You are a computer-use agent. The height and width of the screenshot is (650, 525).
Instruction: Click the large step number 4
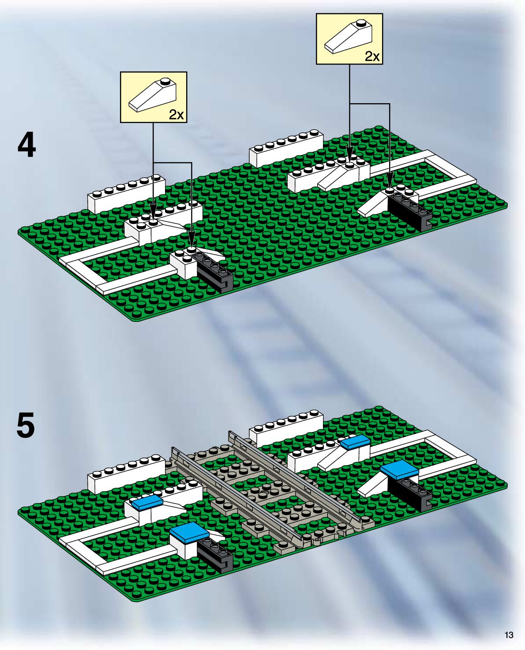26,146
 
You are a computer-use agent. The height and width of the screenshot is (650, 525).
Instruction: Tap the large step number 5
26,425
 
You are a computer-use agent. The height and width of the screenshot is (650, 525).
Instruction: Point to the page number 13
509,635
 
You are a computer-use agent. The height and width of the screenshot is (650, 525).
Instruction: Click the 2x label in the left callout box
176,115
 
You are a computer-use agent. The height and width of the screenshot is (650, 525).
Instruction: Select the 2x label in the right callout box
372,56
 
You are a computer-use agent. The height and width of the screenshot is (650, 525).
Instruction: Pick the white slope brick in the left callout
152,96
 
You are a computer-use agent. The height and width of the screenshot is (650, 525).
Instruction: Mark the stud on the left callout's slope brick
165,81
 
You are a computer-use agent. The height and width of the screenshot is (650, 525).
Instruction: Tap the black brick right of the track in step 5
410,491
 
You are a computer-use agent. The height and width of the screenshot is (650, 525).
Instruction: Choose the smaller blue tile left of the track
147,503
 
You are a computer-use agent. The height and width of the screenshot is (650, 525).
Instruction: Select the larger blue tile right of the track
399,470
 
